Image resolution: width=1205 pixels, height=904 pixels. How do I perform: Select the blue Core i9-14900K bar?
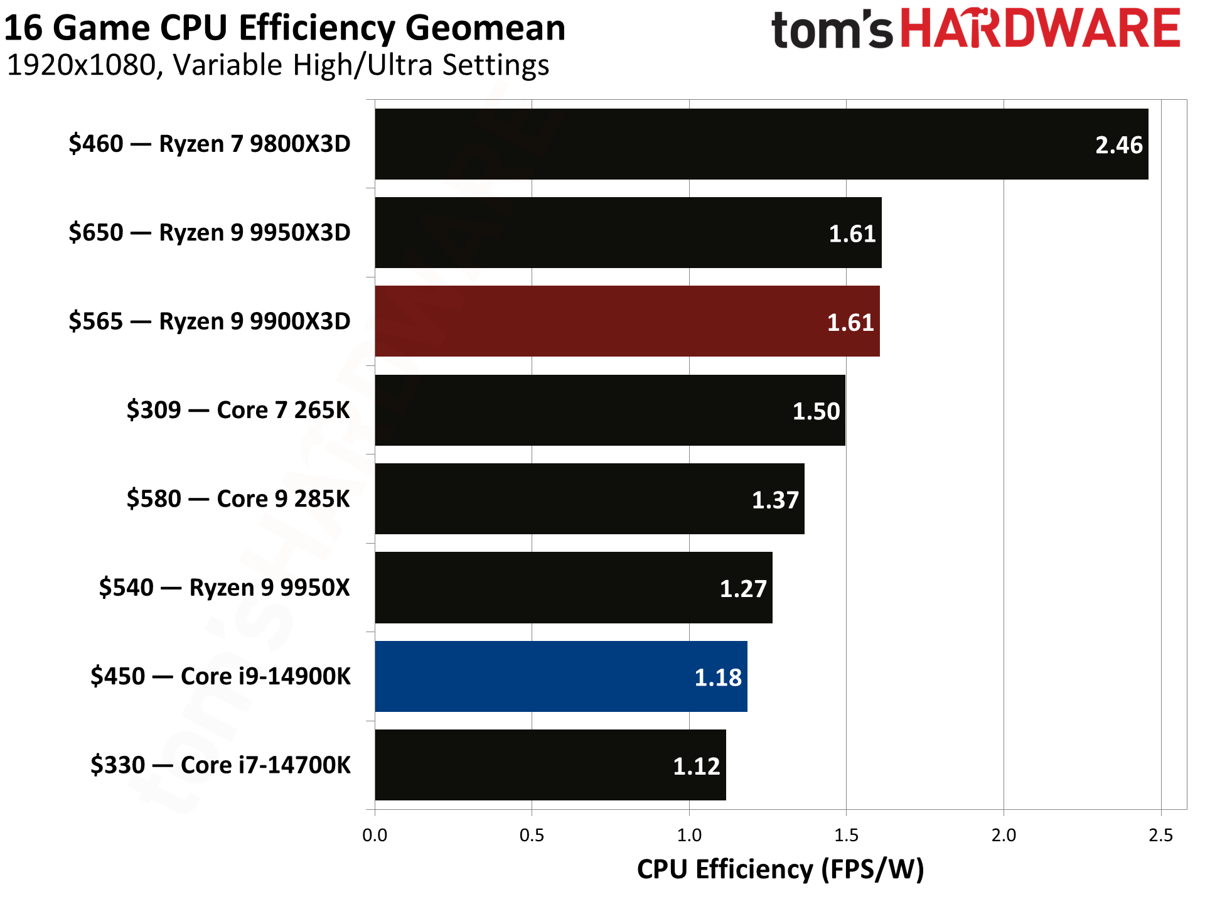pyautogui.click(x=560, y=676)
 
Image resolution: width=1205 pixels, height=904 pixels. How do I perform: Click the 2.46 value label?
pyautogui.click(x=1118, y=146)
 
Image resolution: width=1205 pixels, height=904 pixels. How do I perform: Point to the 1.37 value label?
pyautogui.click(x=775, y=500)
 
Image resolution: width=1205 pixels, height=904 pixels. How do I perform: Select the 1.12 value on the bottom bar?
pyautogui.click(x=697, y=767)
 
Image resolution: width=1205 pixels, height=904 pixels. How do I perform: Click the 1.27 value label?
pyautogui.click(x=743, y=589)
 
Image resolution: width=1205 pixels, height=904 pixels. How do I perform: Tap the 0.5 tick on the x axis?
pyautogui.click(x=532, y=836)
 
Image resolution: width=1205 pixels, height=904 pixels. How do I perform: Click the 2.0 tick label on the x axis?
pyautogui.click(x=1003, y=836)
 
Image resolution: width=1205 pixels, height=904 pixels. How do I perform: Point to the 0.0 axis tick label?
pyautogui.click(x=375, y=836)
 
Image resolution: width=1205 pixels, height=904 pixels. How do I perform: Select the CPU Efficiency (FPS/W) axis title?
pyautogui.click(x=780, y=869)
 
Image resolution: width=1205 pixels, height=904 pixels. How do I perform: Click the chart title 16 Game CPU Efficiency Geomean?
pyautogui.click(x=285, y=28)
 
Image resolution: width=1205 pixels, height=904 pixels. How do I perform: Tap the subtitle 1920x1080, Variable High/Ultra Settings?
pyautogui.click(x=278, y=65)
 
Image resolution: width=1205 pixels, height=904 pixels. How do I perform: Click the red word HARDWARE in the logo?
pyautogui.click(x=1041, y=30)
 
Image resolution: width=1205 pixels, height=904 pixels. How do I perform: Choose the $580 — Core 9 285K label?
pyautogui.click(x=238, y=499)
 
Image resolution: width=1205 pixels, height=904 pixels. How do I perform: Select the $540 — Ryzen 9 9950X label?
pyautogui.click(x=224, y=588)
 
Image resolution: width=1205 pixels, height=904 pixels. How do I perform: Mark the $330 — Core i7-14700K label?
pyautogui.click(x=220, y=765)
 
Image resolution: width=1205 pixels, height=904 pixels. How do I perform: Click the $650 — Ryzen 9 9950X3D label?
pyautogui.click(x=210, y=233)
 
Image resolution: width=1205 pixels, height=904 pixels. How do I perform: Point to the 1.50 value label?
pyautogui.click(x=816, y=412)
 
